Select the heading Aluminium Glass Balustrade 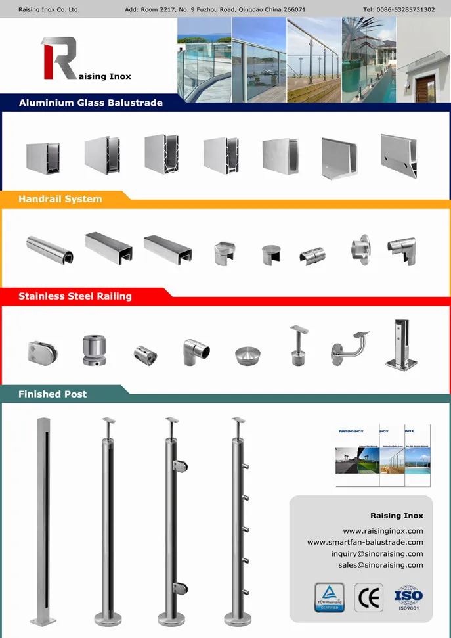(91, 103)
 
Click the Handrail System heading (60, 199)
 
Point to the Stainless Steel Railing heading (75, 296)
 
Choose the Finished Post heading (53, 394)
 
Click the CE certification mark (368, 598)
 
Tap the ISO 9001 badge (408, 598)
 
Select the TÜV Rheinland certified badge (329, 598)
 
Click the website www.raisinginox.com (383, 531)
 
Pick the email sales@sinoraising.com (381, 565)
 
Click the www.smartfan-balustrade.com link (365, 543)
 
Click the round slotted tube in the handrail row (50, 248)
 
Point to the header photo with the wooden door (423, 60)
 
